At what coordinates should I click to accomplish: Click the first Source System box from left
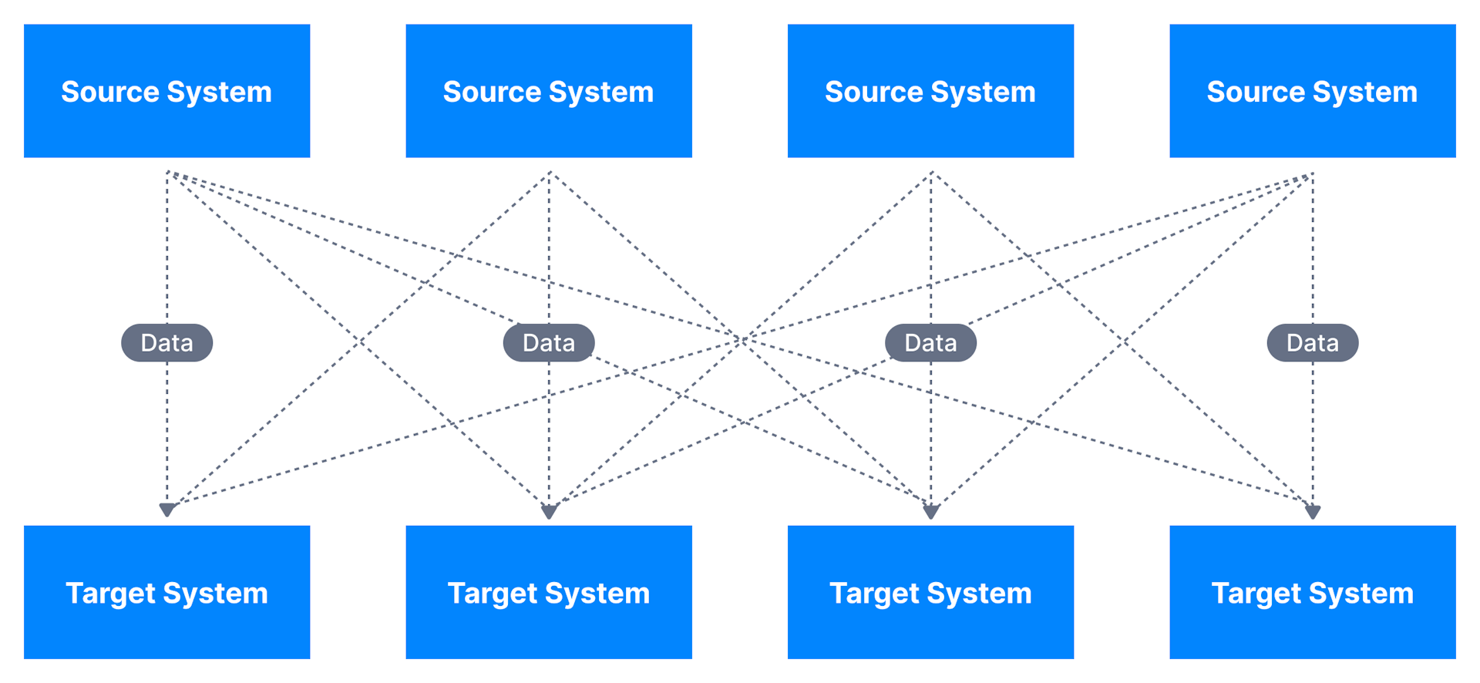tap(166, 91)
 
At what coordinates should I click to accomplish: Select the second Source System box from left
tap(549, 91)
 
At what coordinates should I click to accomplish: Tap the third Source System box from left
tap(930, 91)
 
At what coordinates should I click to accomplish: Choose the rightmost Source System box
tap(1312, 91)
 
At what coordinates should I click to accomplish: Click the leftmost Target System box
tap(166, 592)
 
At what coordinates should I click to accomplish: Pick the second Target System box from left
tap(549, 592)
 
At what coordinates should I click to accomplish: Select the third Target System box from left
tap(930, 592)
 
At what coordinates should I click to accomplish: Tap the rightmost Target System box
tap(1312, 592)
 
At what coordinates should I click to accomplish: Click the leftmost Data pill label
tap(166, 342)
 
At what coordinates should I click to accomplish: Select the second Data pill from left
tap(549, 342)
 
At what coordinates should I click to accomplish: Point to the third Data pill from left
tap(930, 342)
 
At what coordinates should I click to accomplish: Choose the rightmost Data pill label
tap(1312, 342)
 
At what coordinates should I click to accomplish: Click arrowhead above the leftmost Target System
tap(167, 510)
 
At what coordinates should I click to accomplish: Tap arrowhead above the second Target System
tap(549, 512)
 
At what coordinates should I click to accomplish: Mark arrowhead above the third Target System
tap(930, 512)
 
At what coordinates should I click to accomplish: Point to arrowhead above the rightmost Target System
tap(1313, 512)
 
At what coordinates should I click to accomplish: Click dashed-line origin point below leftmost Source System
tap(167, 172)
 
